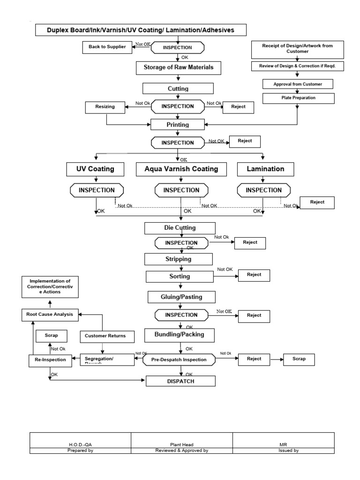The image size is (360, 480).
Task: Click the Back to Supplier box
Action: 105,47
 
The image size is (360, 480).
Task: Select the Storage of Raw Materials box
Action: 178,67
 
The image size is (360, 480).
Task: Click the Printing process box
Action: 177,125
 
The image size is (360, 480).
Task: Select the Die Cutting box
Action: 180,228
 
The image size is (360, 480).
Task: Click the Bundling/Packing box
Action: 180,336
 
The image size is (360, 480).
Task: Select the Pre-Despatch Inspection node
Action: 178,360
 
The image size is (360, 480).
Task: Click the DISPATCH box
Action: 180,382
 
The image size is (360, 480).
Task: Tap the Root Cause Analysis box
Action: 50,315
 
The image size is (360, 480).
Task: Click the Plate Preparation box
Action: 298,98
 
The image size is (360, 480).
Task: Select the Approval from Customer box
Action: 298,84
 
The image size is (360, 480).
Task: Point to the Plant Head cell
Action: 182,444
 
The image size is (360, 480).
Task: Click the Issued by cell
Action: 284,450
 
